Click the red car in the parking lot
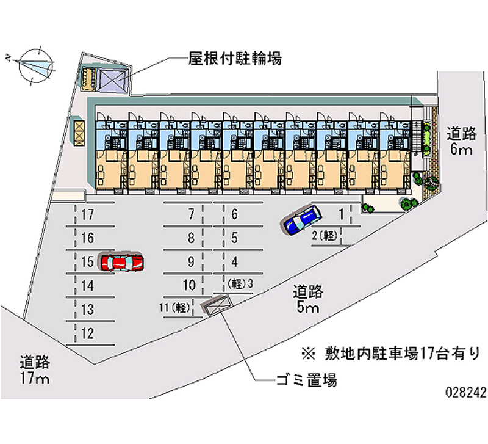coord(122,262)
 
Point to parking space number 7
coord(191,214)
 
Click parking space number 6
coord(234,214)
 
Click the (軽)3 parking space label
coord(240,284)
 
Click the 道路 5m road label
coord(307,299)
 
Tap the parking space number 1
coord(342,214)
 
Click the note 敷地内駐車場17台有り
coord(390,353)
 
